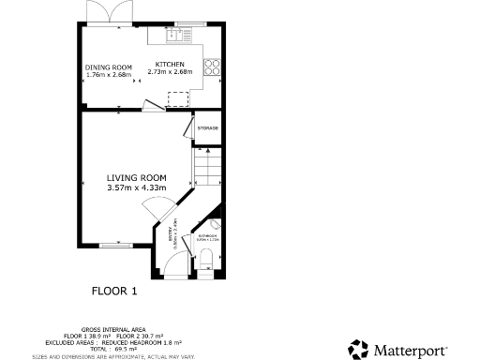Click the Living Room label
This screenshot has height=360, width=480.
pyautogui.click(x=136, y=177)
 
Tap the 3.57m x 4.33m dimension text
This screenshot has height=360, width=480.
pyautogui.click(x=136, y=187)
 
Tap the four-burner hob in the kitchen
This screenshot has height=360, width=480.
pyautogui.click(x=212, y=67)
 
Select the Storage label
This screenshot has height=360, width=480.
pyautogui.click(x=207, y=127)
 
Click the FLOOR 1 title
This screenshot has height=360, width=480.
pyautogui.click(x=114, y=292)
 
